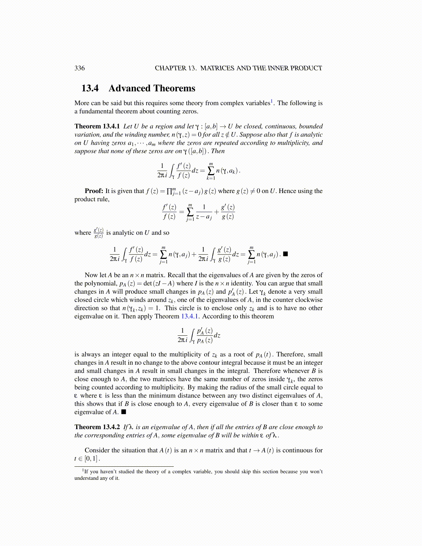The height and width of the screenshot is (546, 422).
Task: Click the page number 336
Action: (x=79, y=68)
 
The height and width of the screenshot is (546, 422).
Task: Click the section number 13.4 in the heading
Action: (x=90, y=88)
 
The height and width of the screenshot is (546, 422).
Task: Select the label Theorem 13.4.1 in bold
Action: (x=97, y=127)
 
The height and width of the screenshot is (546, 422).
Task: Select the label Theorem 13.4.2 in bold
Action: (x=97, y=427)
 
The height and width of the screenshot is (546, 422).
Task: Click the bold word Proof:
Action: (x=94, y=191)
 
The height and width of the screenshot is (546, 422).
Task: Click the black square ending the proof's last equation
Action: (x=285, y=254)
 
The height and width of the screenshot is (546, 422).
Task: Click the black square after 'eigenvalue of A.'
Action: (x=123, y=412)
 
